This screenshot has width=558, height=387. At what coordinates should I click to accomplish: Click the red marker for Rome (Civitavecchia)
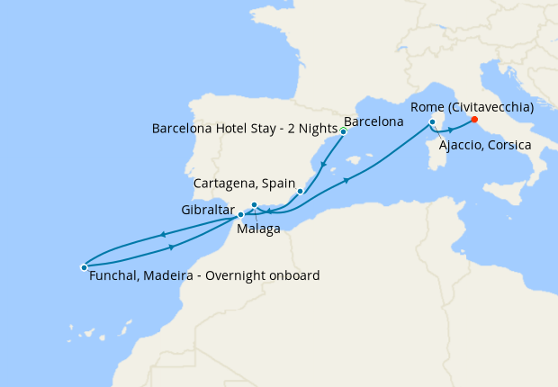pos(473,121)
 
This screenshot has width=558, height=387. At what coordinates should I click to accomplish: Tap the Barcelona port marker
pos(343,131)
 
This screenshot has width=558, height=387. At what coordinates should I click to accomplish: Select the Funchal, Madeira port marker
pos(84,267)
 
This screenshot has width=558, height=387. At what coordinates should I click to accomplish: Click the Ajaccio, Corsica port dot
pos(433,121)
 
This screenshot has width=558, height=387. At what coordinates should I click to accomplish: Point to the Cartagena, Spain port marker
pos(300,191)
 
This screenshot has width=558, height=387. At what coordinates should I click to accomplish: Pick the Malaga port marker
pos(255,205)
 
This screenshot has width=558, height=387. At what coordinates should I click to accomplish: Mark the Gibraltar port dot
pos(240,214)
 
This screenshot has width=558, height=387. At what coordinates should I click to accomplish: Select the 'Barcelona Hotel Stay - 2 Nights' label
pos(245,128)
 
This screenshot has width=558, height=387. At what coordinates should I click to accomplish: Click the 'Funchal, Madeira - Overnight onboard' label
pos(204,275)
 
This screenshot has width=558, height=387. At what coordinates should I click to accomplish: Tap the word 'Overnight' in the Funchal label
pos(236,275)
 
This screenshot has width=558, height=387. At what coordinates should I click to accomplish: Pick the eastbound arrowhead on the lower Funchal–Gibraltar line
pos(170,246)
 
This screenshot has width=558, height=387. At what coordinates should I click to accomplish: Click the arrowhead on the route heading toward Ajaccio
pos(346,181)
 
